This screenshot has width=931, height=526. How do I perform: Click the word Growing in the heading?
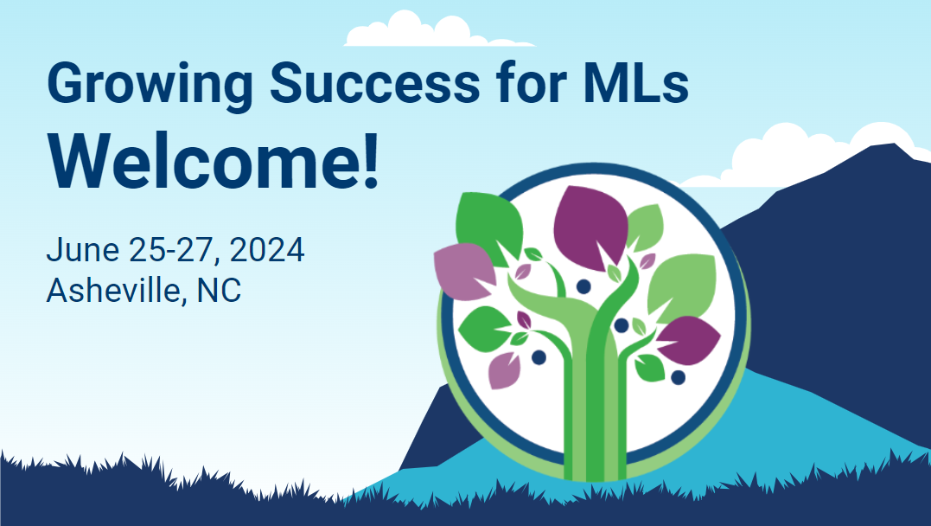[150, 86]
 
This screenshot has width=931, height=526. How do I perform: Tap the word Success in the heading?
[374, 82]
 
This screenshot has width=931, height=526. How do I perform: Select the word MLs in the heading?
[636, 82]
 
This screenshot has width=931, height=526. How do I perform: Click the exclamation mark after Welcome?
[372, 160]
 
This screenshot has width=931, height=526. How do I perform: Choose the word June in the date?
[83, 250]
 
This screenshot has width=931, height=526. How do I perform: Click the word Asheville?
[113, 291]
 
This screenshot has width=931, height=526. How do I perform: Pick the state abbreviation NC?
[219, 291]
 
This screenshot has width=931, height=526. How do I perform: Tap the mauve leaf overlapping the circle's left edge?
[465, 271]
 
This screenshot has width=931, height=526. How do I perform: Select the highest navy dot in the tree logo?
[583, 286]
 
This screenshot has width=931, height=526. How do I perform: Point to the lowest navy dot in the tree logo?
[678, 377]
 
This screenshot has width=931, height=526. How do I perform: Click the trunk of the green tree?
[595, 410]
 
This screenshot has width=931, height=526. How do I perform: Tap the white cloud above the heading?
[439, 29]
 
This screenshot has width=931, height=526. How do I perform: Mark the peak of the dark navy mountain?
[894, 144]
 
